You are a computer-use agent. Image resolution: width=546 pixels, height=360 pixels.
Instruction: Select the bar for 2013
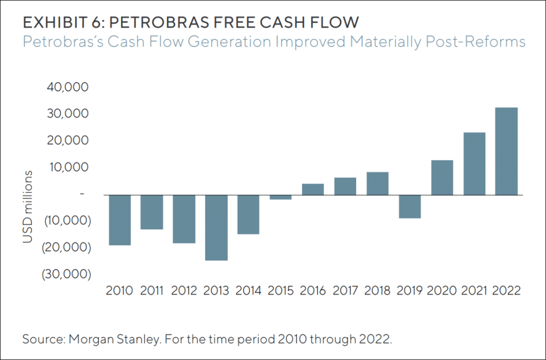pos(216,228)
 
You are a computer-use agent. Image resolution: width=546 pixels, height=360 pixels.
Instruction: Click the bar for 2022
pos(507,151)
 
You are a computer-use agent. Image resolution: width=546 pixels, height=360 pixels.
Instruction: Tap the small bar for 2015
pos(281,197)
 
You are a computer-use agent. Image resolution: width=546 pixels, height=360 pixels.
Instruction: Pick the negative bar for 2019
pos(410,206)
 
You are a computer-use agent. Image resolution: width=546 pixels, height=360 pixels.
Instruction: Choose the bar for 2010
pos(119,220)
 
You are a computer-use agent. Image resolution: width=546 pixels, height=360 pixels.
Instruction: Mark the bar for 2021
pos(474,164)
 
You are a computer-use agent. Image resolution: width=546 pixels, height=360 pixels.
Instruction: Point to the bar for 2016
pos(313,189)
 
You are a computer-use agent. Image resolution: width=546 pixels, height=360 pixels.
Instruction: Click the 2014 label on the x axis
pos(248,291)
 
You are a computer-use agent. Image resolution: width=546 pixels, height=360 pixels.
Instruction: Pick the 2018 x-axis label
pos(378,291)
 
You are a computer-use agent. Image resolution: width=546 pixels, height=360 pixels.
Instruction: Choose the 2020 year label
pos(442,291)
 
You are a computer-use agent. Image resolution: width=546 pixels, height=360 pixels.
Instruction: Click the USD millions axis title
pos(28,207)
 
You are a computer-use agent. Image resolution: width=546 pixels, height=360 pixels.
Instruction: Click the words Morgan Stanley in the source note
pos(115,340)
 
